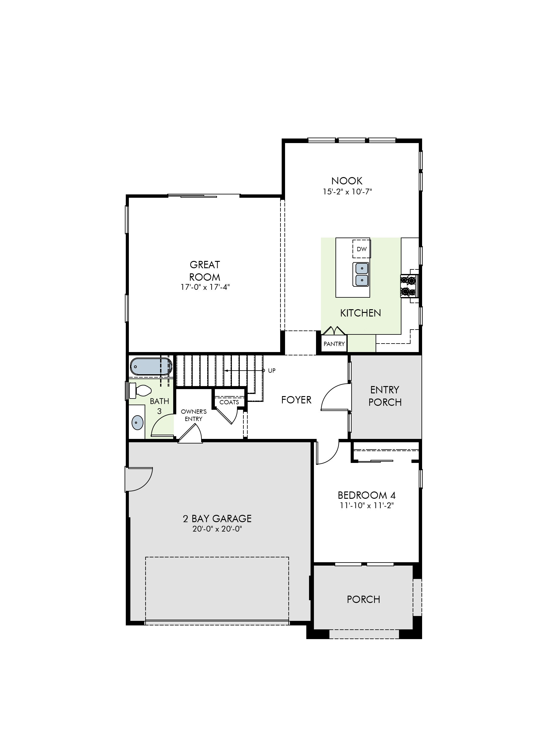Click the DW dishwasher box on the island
coord(361,249)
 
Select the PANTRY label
coord(334,344)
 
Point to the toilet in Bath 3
coord(140,390)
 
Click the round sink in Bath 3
coord(137,422)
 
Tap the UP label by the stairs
coord(272,371)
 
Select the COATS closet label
coord(229,402)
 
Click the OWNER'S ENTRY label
coord(194,415)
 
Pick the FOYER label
coord(296,400)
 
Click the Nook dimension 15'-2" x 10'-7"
coord(347,191)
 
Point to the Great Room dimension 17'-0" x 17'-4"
coord(205,287)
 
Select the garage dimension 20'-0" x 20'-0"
coord(217,529)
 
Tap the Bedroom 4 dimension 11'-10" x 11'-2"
coord(367,505)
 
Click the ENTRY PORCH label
coord(385,396)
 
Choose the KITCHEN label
coord(360,313)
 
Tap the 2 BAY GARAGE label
coord(217,519)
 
